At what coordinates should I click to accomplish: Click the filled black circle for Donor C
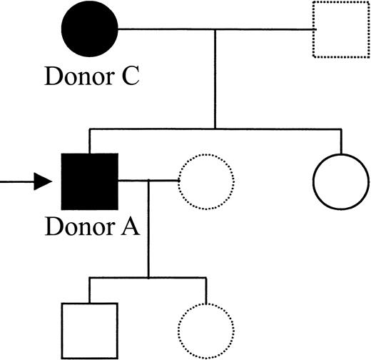click(86, 30)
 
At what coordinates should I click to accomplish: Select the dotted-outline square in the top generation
click(340, 30)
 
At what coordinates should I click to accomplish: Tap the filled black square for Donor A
click(89, 181)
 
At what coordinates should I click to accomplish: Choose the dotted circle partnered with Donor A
click(205, 181)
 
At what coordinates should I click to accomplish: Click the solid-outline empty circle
click(341, 181)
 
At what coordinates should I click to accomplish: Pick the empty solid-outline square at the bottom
click(89, 330)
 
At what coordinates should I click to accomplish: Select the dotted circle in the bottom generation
click(205, 330)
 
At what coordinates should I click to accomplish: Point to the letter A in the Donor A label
click(129, 229)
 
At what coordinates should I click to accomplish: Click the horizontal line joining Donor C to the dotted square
click(214, 30)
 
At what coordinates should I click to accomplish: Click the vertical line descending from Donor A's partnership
click(148, 229)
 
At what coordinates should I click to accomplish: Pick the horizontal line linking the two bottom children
click(148, 276)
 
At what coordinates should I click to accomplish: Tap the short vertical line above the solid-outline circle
click(341, 141)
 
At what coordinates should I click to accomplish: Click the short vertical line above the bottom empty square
click(89, 289)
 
